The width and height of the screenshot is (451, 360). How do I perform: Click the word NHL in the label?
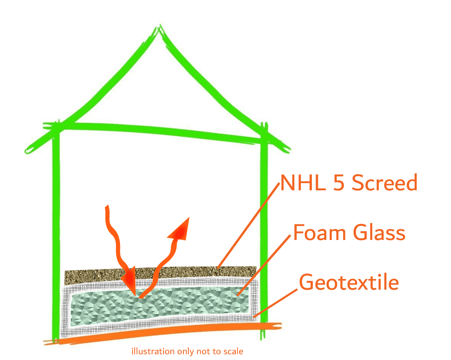[303, 183]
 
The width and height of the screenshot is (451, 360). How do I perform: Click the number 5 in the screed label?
[339, 183]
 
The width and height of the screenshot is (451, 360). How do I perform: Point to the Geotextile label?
[349, 282]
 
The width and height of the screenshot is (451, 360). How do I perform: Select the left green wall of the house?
[56, 234]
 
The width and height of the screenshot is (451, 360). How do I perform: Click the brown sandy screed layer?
[160, 274]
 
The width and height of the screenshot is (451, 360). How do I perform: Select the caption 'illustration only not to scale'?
[187, 351]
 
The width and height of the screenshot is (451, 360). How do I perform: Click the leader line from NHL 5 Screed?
[248, 226]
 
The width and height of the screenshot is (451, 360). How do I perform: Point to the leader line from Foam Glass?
[264, 265]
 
